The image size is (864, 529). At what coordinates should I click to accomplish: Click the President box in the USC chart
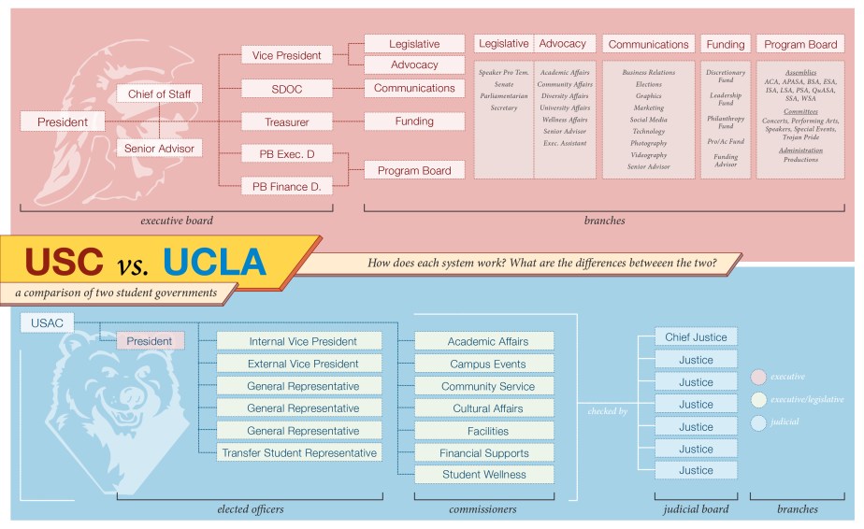click(x=63, y=122)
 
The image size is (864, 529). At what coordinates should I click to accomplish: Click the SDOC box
click(x=286, y=89)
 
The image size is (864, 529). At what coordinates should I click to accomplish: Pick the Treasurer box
click(x=286, y=122)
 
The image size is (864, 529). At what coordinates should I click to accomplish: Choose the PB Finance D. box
click(x=286, y=186)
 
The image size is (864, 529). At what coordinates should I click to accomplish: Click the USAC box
click(x=46, y=323)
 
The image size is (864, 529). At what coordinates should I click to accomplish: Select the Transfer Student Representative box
click(x=299, y=453)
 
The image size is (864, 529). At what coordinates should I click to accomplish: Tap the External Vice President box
click(x=299, y=364)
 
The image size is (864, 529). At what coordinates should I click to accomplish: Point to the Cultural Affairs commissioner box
click(x=483, y=408)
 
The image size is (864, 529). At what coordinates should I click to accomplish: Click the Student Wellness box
click(x=483, y=475)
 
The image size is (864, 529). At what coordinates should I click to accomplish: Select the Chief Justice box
click(x=696, y=337)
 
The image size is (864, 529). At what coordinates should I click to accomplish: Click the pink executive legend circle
click(x=758, y=378)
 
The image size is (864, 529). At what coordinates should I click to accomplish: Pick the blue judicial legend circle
click(x=758, y=423)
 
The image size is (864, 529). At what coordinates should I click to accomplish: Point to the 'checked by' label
click(x=607, y=411)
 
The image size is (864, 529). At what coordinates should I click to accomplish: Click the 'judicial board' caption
click(x=696, y=509)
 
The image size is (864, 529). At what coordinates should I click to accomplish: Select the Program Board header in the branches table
click(x=800, y=44)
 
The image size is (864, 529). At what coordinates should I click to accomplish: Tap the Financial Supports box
click(x=483, y=453)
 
